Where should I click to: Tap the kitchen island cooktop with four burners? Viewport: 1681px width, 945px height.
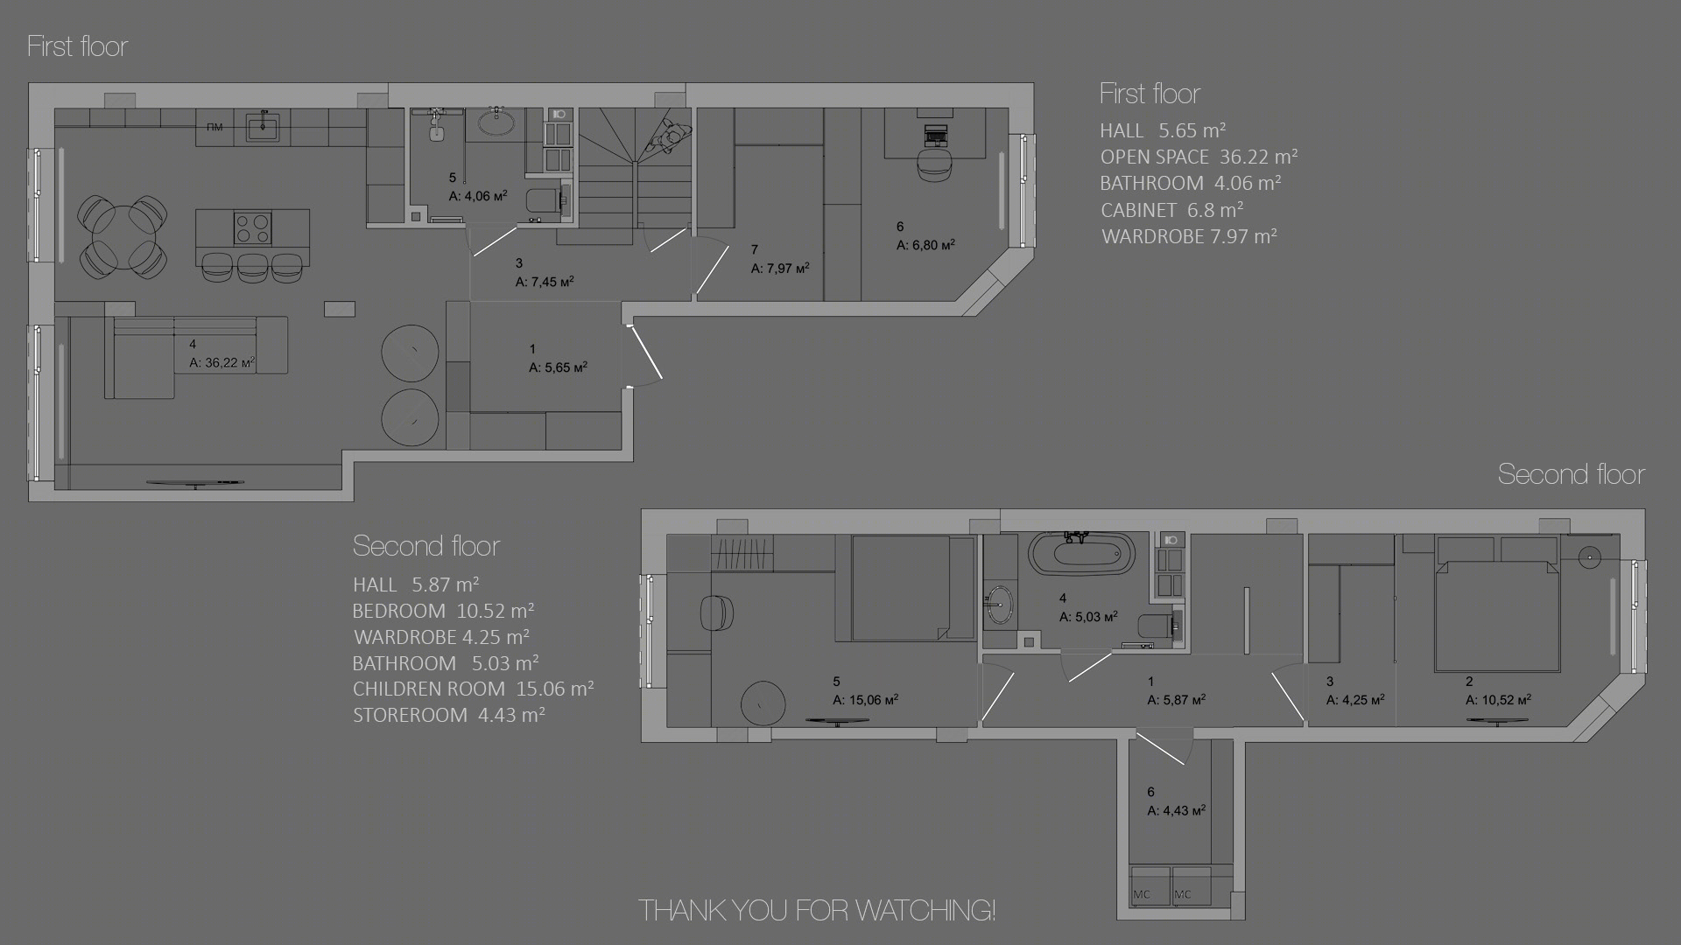click(x=252, y=228)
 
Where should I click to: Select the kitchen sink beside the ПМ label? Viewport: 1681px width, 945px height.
click(x=263, y=127)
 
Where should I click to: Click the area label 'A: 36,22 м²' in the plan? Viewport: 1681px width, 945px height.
click(x=222, y=362)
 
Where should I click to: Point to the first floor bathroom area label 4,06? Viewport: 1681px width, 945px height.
click(x=478, y=196)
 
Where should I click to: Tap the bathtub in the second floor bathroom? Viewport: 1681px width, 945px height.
click(x=1081, y=555)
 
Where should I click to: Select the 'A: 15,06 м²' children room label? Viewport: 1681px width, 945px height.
click(x=865, y=699)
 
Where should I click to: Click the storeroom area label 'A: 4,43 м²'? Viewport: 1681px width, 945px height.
click(x=1177, y=810)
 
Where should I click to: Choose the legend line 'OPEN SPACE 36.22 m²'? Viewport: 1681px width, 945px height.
click(x=1199, y=157)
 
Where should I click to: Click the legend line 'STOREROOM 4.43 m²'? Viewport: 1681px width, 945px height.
click(x=449, y=715)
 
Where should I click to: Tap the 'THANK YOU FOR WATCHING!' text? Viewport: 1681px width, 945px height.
click(x=817, y=910)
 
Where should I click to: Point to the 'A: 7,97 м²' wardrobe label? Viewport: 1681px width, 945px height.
click(x=780, y=268)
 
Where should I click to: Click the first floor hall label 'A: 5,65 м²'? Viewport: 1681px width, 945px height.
click(x=558, y=367)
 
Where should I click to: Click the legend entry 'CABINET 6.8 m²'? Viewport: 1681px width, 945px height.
click(x=1172, y=210)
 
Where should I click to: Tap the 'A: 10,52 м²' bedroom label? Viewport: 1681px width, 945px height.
click(x=1498, y=699)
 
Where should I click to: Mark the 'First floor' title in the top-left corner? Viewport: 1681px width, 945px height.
click(x=78, y=45)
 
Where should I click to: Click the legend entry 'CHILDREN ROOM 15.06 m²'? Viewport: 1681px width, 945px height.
click(x=473, y=689)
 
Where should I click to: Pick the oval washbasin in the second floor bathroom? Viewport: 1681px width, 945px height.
click(x=999, y=605)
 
